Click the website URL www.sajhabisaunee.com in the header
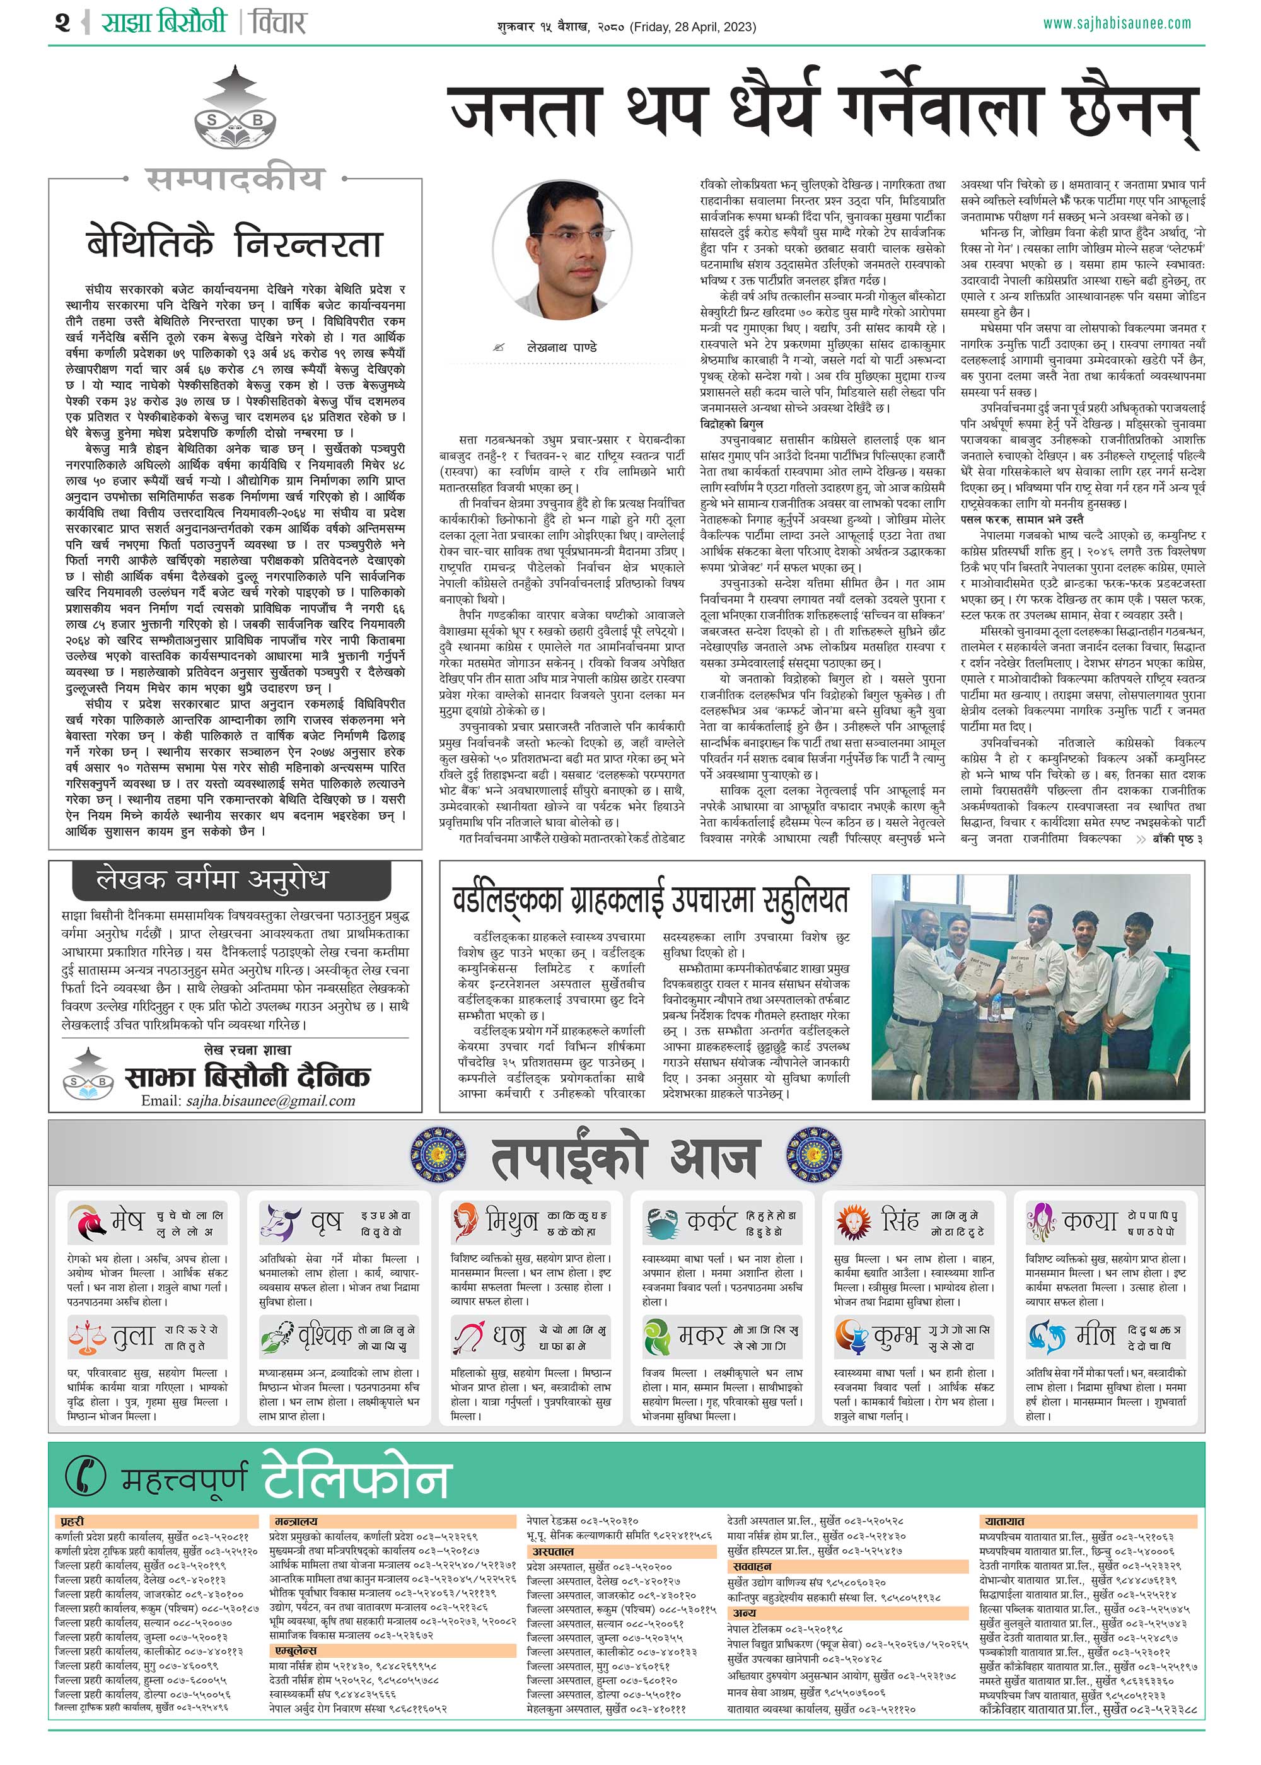tap(1116, 23)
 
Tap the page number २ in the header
tap(63, 23)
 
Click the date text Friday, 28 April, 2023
tap(693, 27)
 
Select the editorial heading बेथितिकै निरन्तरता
tap(235, 242)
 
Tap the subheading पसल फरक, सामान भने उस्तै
tap(1022, 519)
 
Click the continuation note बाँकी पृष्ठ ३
tap(1177, 839)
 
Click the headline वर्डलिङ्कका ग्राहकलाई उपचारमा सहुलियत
tap(651, 900)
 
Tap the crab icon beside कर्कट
tap(661, 1222)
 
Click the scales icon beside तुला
tap(87, 1336)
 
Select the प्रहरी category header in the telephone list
tap(73, 1521)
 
